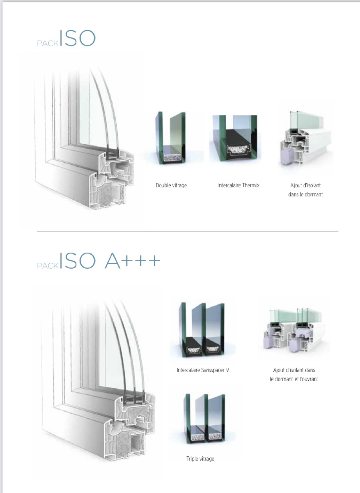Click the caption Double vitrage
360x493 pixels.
tap(171, 185)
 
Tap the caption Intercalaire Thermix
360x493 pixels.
tap(238, 185)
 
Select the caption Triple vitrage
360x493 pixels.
tap(200, 459)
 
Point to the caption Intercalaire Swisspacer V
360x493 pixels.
tap(203, 370)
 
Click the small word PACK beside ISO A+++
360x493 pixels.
tap(48, 266)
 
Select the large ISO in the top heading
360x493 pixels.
tap(78, 38)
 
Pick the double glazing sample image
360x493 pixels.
tap(171, 138)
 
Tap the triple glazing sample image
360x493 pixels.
tap(205, 419)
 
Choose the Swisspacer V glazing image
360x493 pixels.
tap(202, 329)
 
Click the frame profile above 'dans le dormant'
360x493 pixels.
tap(305, 138)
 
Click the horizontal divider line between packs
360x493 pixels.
tap(188, 232)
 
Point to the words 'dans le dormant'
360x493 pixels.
tap(305, 195)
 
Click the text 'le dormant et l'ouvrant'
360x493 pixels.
tap(294, 379)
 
